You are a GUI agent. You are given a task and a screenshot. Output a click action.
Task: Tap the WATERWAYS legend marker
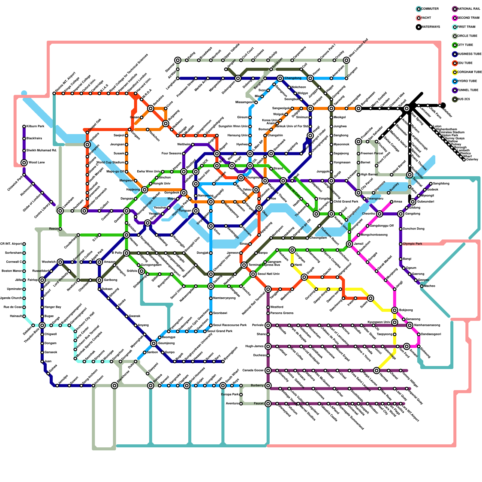[419, 27]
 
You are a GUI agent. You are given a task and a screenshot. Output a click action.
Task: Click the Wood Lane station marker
[24, 163]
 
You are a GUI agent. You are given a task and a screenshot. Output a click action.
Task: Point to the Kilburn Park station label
[35, 127]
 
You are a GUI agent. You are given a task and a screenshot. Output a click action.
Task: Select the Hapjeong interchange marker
[145, 189]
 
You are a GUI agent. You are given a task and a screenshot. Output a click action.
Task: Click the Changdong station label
[293, 78]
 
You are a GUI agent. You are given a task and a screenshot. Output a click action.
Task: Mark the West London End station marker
[346, 60]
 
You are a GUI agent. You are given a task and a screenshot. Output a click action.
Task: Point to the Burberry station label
[257, 386]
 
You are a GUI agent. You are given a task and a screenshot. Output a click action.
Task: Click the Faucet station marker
[268, 404]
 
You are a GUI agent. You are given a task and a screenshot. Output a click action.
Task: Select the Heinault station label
[16, 316]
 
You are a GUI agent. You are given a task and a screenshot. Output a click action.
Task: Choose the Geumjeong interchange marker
[154, 343]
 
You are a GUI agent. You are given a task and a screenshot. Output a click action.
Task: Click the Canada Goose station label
[253, 371]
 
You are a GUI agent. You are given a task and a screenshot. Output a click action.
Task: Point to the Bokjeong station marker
[395, 310]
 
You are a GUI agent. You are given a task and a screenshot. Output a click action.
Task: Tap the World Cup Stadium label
[110, 163]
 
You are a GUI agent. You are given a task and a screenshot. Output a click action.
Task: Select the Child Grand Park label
[346, 202]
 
